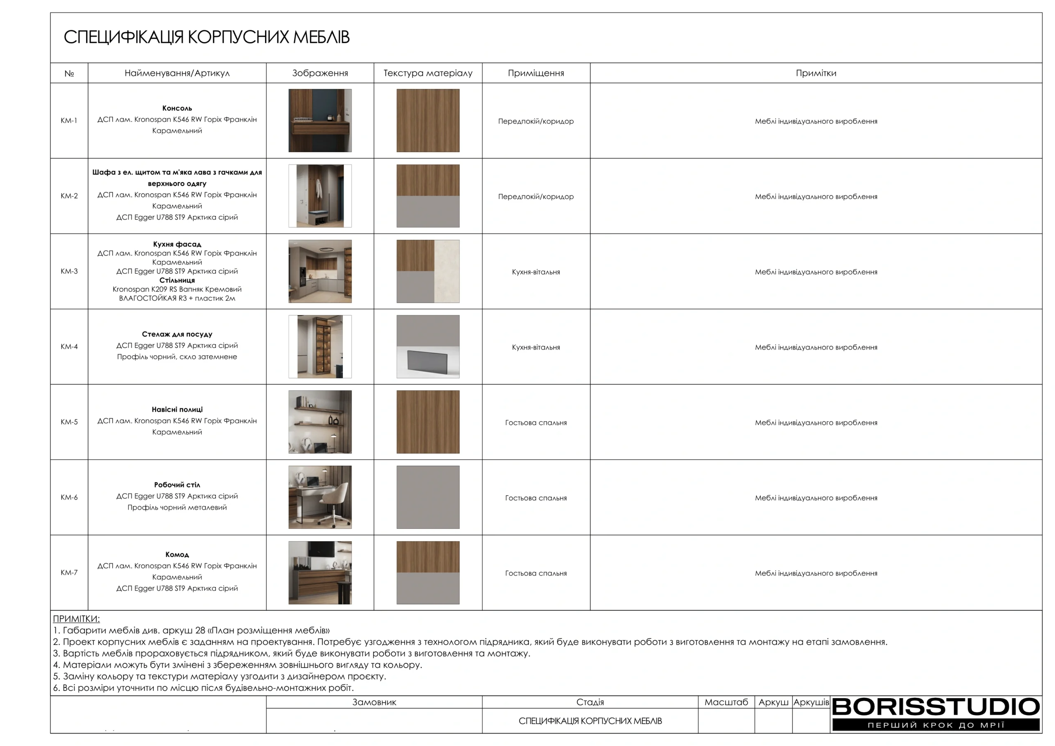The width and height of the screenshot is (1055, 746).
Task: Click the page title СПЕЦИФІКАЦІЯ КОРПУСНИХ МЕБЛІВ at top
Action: click(206, 37)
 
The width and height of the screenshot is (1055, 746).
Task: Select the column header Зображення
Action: click(320, 73)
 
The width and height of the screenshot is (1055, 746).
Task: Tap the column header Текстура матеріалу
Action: click(428, 73)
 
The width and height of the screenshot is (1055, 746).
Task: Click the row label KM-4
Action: click(69, 347)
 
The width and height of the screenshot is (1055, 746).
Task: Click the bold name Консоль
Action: click(177, 108)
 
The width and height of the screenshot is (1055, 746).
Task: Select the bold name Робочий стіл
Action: click(177, 485)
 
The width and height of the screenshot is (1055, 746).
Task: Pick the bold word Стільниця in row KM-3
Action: click(177, 280)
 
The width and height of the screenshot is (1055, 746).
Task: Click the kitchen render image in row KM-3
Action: click(320, 271)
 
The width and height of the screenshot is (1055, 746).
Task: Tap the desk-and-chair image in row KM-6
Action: click(320, 497)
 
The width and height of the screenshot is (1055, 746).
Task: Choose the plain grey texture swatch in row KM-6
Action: click(428, 497)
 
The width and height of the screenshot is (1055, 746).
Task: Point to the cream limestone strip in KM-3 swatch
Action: click(447, 271)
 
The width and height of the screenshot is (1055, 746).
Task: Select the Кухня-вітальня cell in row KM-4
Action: click(536, 347)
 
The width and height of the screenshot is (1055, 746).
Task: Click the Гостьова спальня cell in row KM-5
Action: click(536, 423)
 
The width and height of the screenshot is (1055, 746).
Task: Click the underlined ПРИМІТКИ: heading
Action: click(76, 619)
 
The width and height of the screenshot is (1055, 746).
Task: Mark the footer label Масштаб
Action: click(726, 702)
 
